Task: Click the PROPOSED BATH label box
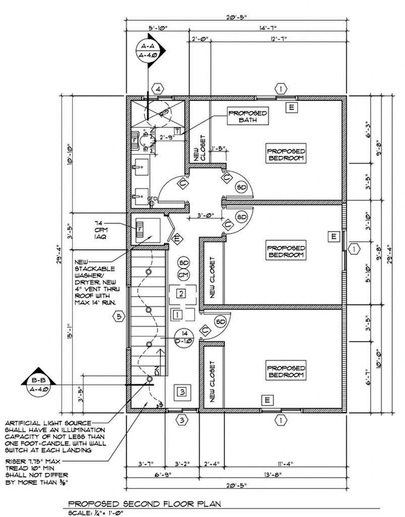pyautogui.click(x=247, y=117)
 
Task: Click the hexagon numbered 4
pyautogui.click(x=158, y=89)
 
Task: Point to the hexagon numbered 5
pyautogui.click(x=118, y=317)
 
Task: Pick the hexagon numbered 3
pyautogui.click(x=182, y=420)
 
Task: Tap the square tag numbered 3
pyautogui.click(x=182, y=391)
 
